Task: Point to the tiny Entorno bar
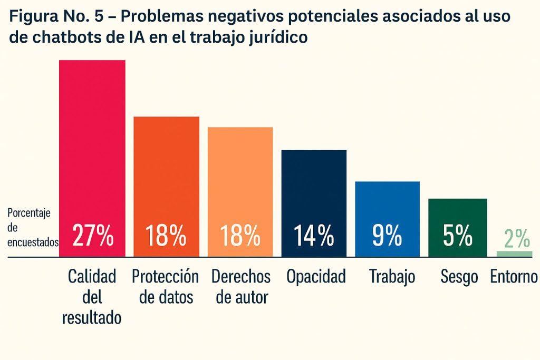point(515,254)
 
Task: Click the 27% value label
point(93,236)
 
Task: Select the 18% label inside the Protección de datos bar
point(166,236)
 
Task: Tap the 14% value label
point(314,236)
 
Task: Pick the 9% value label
point(387,236)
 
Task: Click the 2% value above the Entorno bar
point(517,239)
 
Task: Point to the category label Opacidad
point(316,276)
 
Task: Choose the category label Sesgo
point(459,276)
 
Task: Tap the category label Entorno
point(514,276)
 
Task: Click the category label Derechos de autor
point(240,287)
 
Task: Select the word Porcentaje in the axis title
point(29,213)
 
